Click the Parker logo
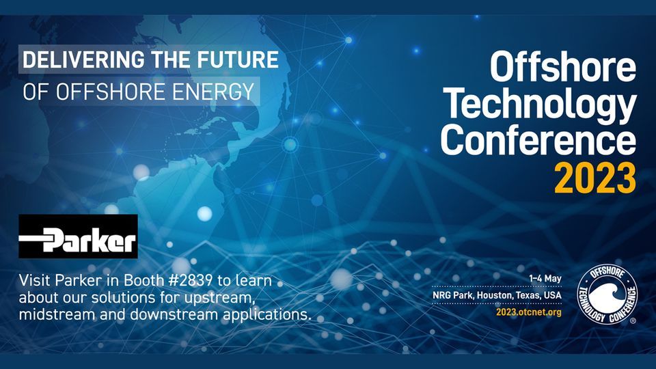tap(78, 236)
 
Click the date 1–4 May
tap(545, 278)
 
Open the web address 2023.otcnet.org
tap(530, 312)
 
